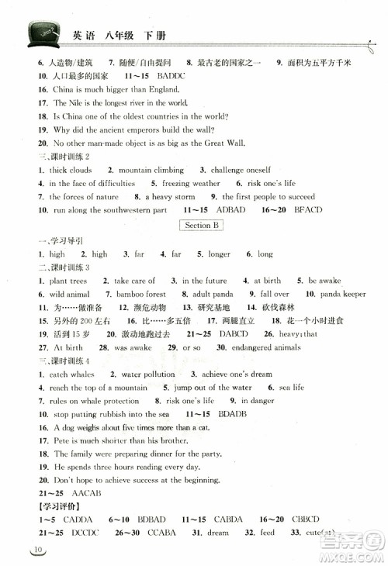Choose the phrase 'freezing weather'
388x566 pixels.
coord(191,184)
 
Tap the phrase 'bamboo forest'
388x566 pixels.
coord(140,295)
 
